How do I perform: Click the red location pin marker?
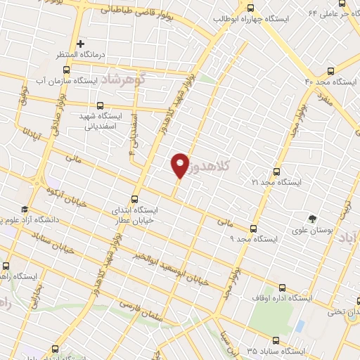click(181, 165)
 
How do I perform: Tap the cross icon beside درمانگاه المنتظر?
click(82, 44)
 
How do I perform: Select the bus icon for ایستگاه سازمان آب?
click(67, 69)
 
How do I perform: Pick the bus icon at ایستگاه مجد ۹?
click(253, 228)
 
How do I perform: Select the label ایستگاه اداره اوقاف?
click(285, 298)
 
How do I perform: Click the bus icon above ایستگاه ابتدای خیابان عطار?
click(136, 198)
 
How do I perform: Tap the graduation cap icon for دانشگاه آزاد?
click(24, 210)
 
